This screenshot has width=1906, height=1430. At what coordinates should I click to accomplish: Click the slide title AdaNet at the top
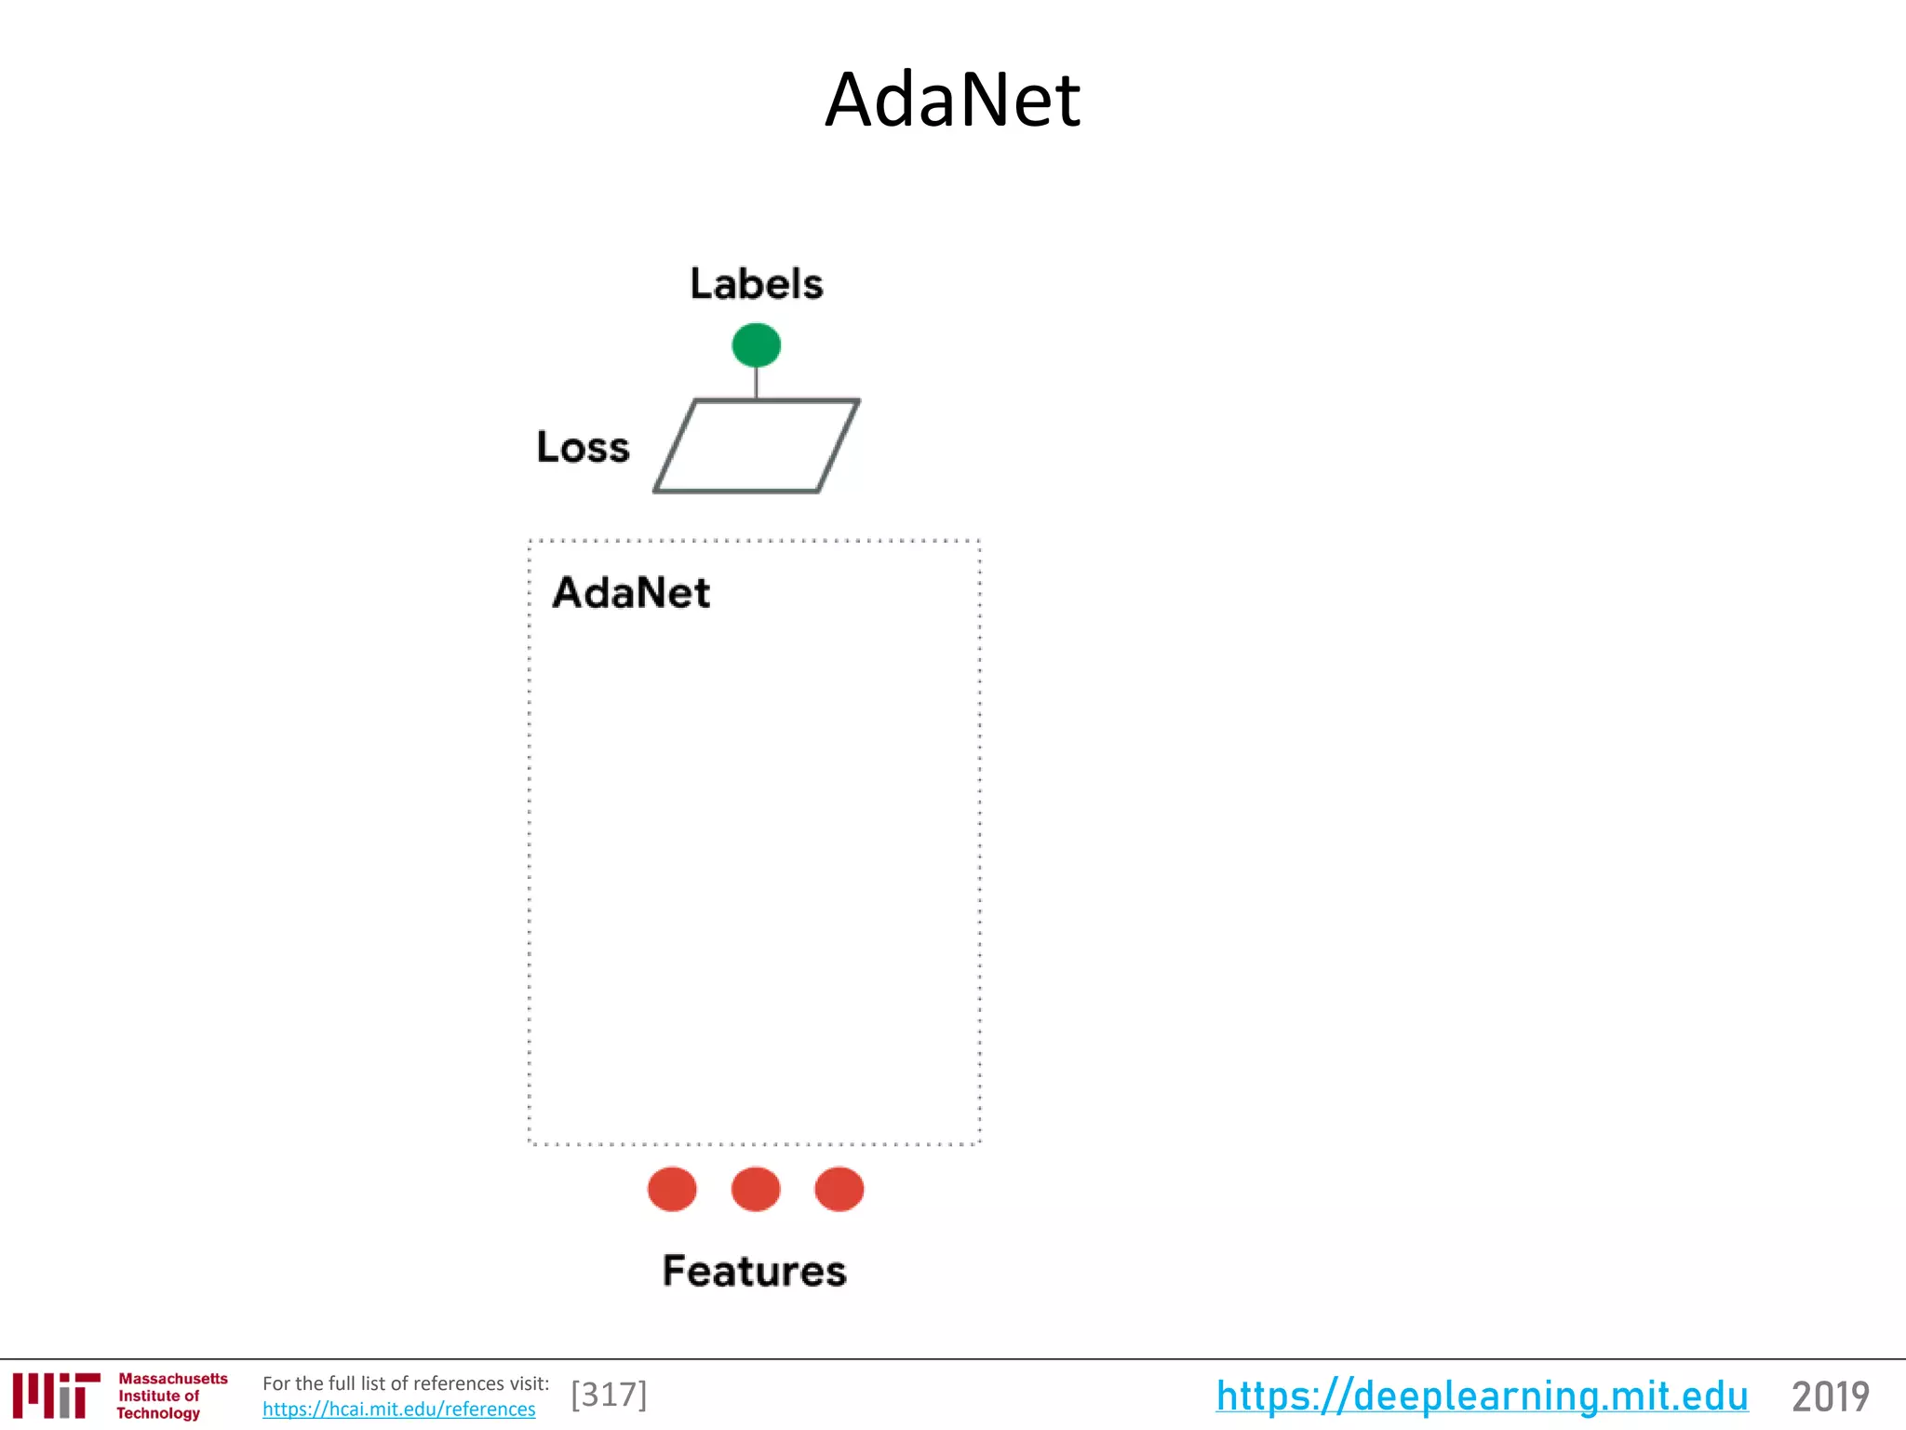click(x=952, y=100)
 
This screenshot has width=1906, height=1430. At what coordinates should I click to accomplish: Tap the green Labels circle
click(x=756, y=345)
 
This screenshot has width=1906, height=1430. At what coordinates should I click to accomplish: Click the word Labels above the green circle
click(x=756, y=283)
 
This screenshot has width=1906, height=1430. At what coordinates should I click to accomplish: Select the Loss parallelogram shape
click(x=756, y=446)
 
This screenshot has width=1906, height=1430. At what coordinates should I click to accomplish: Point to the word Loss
click(x=583, y=447)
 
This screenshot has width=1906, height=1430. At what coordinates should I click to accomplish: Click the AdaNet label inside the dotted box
click(x=631, y=592)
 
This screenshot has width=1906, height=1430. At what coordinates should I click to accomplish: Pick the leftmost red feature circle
click(x=672, y=1189)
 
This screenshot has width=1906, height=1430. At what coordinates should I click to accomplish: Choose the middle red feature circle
click(x=756, y=1189)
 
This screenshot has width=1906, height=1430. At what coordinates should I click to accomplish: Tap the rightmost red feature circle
click(x=839, y=1189)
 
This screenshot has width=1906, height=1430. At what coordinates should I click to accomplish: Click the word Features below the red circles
click(x=754, y=1271)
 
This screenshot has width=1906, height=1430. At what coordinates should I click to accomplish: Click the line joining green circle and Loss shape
click(x=756, y=384)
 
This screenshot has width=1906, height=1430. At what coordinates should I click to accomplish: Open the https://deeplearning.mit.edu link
click(x=1482, y=1396)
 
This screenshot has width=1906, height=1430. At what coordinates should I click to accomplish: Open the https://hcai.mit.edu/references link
click(x=398, y=1410)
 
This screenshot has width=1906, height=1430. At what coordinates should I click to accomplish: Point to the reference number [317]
click(x=609, y=1395)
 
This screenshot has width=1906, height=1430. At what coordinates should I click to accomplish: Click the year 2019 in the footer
click(x=1830, y=1396)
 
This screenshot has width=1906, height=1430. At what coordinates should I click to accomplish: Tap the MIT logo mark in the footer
click(x=56, y=1395)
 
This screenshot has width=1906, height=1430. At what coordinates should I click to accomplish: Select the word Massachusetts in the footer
click(x=173, y=1379)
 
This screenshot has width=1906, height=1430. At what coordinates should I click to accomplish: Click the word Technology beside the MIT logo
click(x=158, y=1413)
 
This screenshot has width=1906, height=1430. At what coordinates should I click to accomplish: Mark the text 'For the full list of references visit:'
click(x=406, y=1383)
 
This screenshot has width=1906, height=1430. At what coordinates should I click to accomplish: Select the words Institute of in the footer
click(x=158, y=1396)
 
